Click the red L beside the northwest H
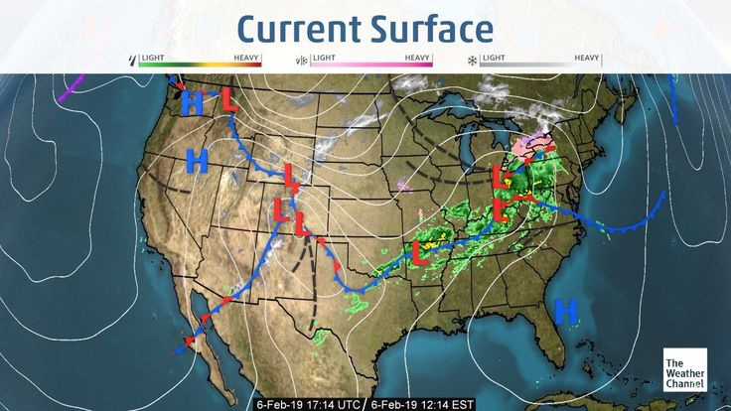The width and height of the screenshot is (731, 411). [x=229, y=100]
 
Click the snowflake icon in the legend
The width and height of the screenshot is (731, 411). [x=472, y=61]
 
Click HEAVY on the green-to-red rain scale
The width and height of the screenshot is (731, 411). [x=247, y=58]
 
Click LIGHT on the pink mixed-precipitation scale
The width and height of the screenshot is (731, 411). [x=323, y=58]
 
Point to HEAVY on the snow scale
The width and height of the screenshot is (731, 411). [x=588, y=58]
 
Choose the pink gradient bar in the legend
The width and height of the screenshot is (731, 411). [x=371, y=65]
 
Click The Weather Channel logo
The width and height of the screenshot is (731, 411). [x=684, y=370]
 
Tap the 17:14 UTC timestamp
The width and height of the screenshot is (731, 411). [x=308, y=404]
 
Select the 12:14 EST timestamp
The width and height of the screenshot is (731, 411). [x=422, y=404]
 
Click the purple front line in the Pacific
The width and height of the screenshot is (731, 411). [x=71, y=89]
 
